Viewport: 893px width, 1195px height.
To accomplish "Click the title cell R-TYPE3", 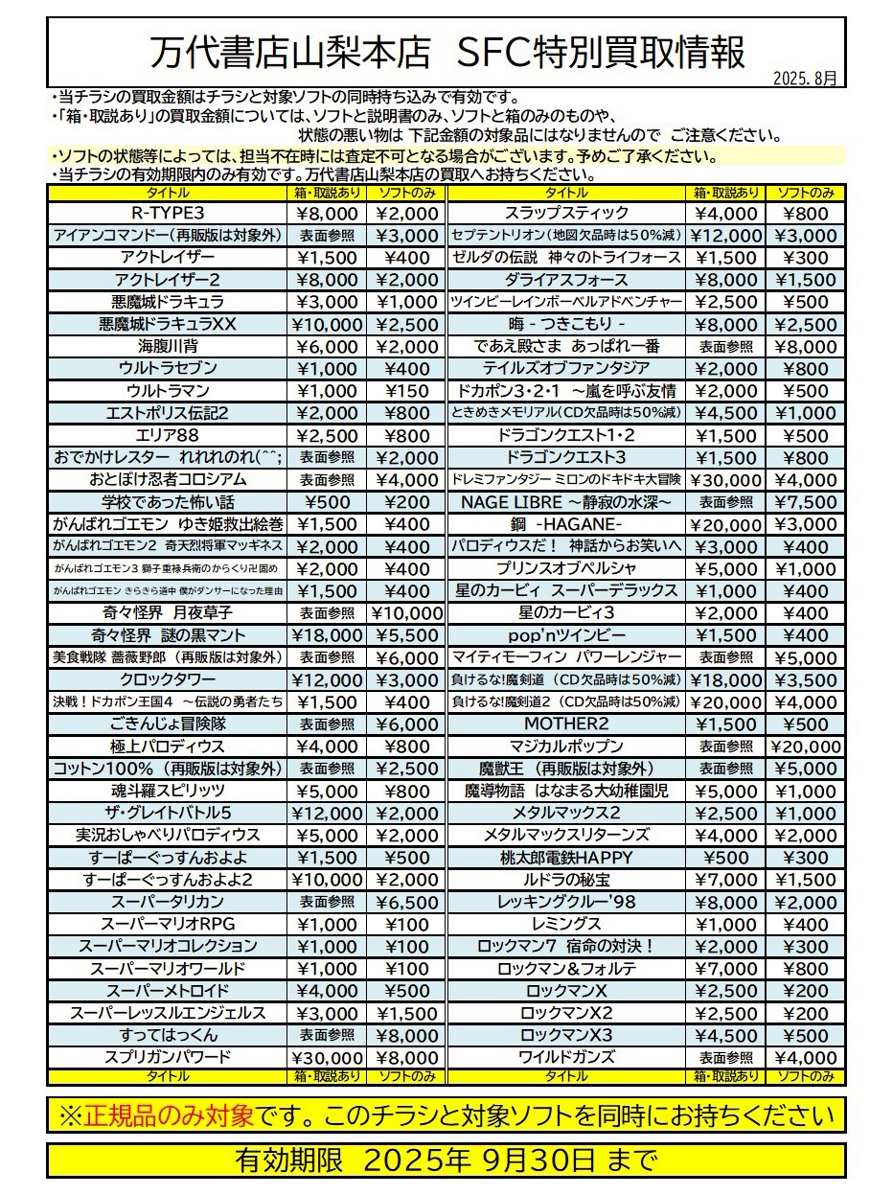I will [x=168, y=213].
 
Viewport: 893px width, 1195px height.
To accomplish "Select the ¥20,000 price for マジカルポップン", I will [x=806, y=747].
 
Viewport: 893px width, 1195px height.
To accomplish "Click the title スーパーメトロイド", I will [x=168, y=991].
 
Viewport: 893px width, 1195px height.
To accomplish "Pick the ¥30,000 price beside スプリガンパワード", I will [x=327, y=1058].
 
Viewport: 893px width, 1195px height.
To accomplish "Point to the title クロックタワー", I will [x=168, y=679].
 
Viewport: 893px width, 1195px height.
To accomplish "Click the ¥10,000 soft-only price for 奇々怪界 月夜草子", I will [x=406, y=613].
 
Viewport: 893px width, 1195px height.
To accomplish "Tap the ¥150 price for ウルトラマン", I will [x=406, y=391].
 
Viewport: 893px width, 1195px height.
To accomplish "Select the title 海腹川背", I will [x=168, y=346].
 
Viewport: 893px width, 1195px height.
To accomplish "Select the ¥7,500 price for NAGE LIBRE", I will [x=806, y=502].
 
